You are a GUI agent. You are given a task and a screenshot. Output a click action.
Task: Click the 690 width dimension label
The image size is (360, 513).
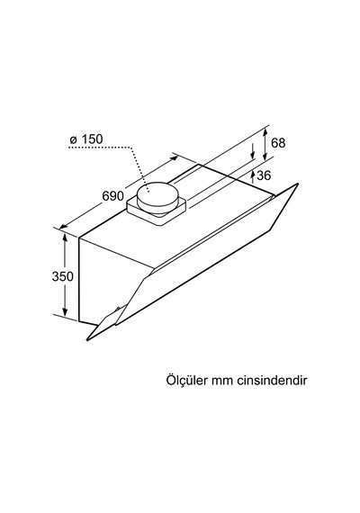tap(112, 195)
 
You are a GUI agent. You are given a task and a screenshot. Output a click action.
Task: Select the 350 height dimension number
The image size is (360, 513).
tap(62, 276)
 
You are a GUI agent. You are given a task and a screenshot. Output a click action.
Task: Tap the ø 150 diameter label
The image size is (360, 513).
tap(86, 139)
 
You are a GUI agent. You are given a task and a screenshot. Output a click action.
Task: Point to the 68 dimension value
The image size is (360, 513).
tap(278, 143)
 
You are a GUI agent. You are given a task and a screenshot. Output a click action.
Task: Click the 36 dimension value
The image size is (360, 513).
tap(264, 175)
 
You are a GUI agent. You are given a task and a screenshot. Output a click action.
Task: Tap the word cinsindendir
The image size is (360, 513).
tap(272, 381)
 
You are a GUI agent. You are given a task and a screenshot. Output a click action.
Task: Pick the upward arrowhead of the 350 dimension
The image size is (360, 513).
tap(65, 238)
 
